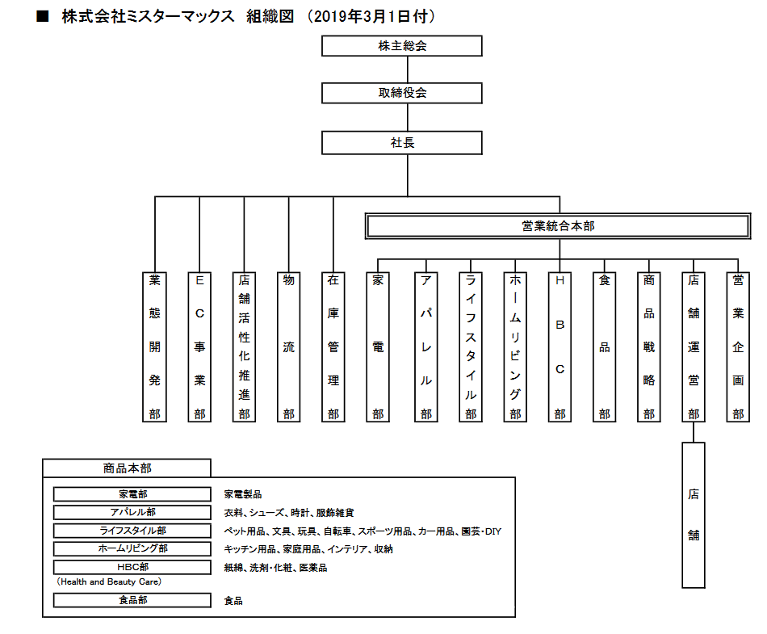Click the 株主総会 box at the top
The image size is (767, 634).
[402, 45]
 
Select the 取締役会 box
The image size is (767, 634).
[402, 92]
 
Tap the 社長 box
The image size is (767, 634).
[402, 142]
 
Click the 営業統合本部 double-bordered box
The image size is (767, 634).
[558, 226]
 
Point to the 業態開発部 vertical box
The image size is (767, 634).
[154, 346]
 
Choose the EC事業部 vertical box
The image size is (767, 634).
[199, 346]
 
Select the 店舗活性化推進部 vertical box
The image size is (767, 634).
[244, 346]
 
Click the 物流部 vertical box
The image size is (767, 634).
[288, 346]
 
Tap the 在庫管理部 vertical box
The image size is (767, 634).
[333, 346]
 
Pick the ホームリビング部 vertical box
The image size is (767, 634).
[514, 346]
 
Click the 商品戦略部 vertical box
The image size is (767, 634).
[648, 346]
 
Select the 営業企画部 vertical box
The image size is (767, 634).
[737, 346]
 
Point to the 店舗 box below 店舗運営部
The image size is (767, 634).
[693, 514]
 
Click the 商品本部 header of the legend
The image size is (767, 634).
[127, 468]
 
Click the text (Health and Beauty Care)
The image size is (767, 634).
[109, 582]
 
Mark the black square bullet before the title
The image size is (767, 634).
[44, 17]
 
